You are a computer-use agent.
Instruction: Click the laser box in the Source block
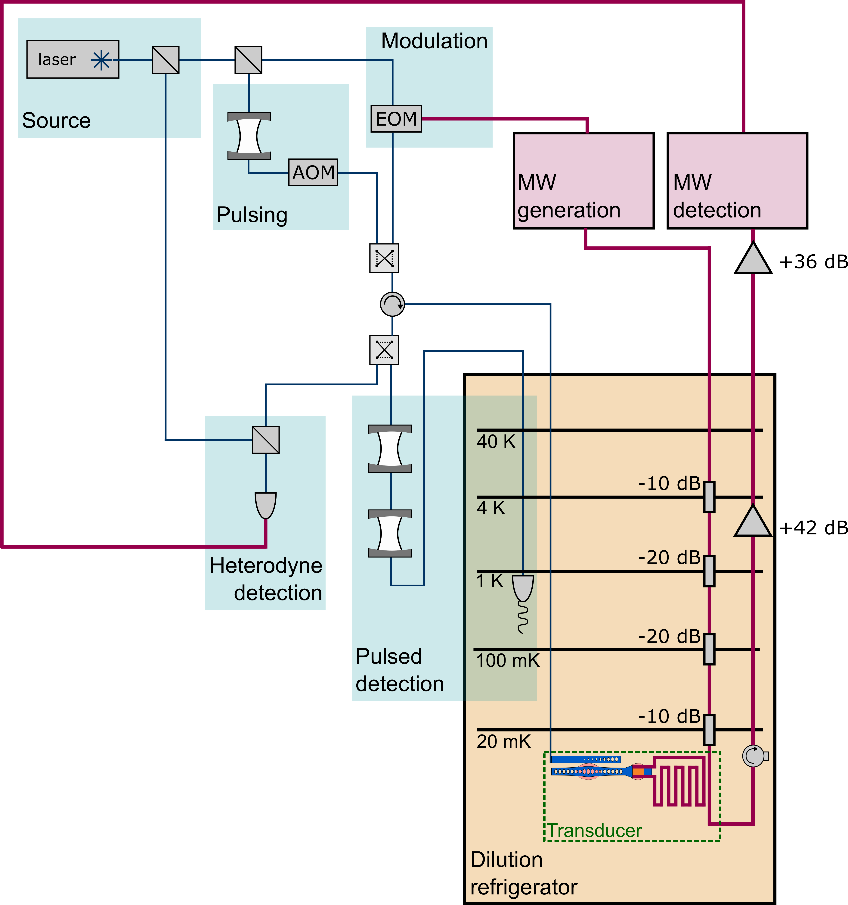coord(73,60)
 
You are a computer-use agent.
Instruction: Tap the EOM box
coord(396,119)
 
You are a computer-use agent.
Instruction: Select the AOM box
coord(313,173)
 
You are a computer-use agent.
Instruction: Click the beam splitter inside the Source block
coord(166,60)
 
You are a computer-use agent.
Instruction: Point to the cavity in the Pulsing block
coord(249,136)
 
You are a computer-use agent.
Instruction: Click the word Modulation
coord(434,41)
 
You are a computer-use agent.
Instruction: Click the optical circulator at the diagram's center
coord(392,304)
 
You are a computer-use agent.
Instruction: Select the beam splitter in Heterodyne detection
coord(266,440)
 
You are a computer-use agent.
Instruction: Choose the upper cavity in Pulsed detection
coord(390,448)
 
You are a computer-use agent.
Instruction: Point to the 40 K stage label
coord(496,442)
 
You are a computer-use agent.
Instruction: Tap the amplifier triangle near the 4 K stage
coord(753,522)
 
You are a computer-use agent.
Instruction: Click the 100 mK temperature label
coord(507,661)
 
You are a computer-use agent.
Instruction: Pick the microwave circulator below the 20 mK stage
coord(754,756)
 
